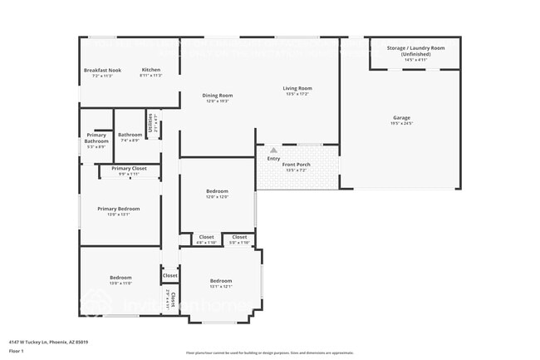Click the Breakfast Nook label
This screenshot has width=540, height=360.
click(102, 71)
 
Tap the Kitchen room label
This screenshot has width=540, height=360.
click(150, 70)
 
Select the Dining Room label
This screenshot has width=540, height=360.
click(217, 95)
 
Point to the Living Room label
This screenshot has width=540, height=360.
click(297, 88)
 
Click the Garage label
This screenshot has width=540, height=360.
click(401, 117)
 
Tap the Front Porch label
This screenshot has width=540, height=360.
click(296, 165)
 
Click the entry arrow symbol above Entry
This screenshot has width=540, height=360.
click(273, 150)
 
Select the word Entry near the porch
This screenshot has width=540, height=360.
click(273, 158)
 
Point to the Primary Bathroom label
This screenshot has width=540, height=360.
click(96, 138)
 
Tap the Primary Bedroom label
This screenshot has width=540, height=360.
click(118, 209)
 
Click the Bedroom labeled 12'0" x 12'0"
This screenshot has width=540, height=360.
click(217, 191)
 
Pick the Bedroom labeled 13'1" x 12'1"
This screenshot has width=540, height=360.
click(221, 280)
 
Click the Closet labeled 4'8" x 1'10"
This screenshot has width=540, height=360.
click(206, 237)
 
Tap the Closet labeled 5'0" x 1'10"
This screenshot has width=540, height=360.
click(239, 237)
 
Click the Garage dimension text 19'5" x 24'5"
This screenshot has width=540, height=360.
click(401, 124)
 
